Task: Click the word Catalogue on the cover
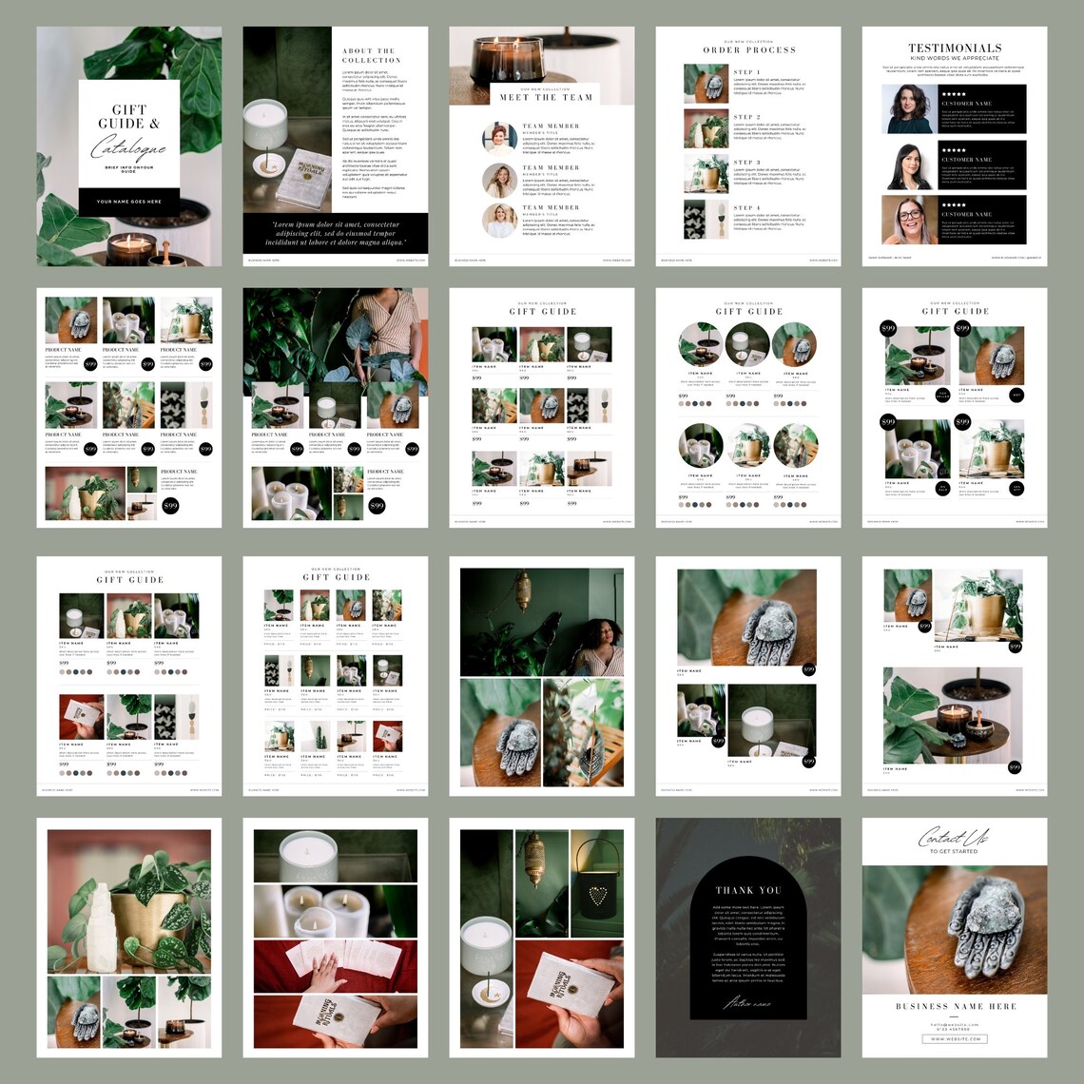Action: coord(128,148)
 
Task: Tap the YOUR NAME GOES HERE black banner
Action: coord(128,202)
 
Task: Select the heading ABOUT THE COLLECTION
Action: coord(372,55)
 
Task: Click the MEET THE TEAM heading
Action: coord(546,97)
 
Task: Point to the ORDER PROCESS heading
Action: coord(749,49)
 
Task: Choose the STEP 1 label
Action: coord(746,72)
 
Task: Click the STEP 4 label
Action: coord(746,207)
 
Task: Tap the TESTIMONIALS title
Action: coord(955,48)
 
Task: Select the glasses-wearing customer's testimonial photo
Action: coord(908,220)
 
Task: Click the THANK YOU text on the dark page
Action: coord(747,890)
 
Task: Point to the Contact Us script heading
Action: coord(953,838)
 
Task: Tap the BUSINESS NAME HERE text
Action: coord(956,1005)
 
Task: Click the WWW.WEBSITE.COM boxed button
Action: coord(956,1038)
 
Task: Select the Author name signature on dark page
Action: coord(747,1002)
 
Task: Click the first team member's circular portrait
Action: coord(499,137)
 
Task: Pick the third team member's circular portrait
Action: coord(499,220)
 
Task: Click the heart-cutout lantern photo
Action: coord(597,884)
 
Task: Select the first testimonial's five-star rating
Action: coord(953,93)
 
